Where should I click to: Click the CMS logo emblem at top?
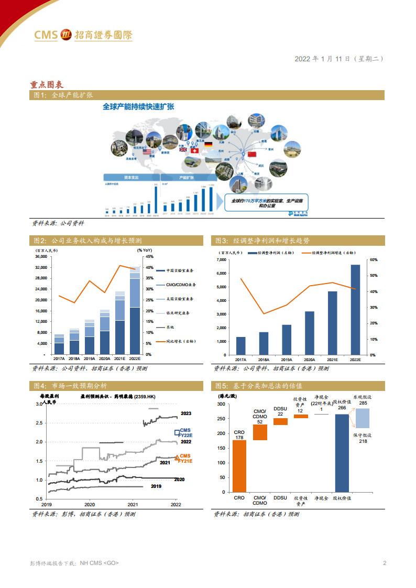click(x=67, y=35)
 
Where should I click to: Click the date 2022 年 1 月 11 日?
click(x=322, y=59)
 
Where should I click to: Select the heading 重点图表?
click(x=47, y=84)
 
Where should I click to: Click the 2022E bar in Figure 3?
click(x=355, y=309)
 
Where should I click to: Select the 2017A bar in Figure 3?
click(x=240, y=345)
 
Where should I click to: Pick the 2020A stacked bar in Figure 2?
click(x=105, y=332)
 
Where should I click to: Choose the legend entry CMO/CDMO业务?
click(x=181, y=285)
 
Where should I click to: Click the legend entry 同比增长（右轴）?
click(x=180, y=341)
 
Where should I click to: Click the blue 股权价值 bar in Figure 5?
click(x=342, y=453)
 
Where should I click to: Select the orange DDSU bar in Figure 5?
click(x=280, y=421)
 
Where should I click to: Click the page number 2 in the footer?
click(x=385, y=563)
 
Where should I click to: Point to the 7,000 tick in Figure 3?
click(x=221, y=259)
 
